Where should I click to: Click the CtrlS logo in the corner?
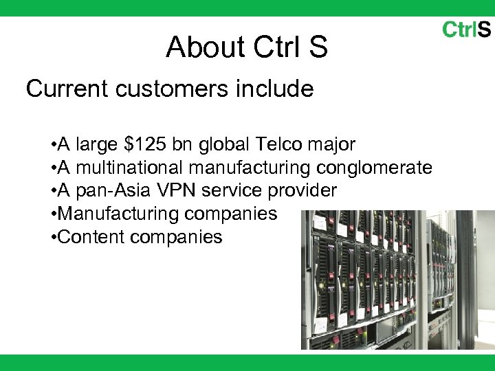[x=465, y=30]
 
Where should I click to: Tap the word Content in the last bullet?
[x=91, y=237]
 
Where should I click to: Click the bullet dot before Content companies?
[x=53, y=238]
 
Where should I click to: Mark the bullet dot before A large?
[x=53, y=145]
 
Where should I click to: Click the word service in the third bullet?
[x=229, y=191]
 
